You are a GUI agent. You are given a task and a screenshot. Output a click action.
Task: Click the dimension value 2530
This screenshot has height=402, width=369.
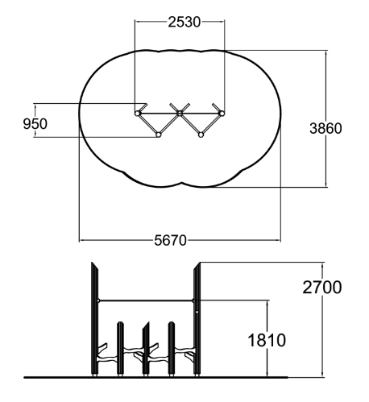pyautogui.click(x=184, y=22)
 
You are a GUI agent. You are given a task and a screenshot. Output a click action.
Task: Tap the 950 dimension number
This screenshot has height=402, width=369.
pyautogui.click(x=35, y=124)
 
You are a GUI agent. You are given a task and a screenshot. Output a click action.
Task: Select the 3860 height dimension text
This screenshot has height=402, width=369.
pyautogui.click(x=325, y=128)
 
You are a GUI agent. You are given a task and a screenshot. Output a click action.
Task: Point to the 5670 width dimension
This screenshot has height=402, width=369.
pyautogui.click(x=170, y=240)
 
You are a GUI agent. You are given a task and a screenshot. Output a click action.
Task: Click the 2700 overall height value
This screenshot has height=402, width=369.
pyautogui.click(x=322, y=288)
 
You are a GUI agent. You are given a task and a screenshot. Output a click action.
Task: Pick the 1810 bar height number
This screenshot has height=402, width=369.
pyautogui.click(x=267, y=340)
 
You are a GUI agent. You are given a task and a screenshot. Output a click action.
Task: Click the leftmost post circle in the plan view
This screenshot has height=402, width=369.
pyautogui.click(x=138, y=114)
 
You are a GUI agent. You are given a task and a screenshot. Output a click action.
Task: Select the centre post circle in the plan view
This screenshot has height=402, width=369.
pyautogui.click(x=180, y=114)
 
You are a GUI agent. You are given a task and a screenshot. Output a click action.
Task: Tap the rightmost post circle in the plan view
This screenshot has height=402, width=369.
pyautogui.click(x=222, y=114)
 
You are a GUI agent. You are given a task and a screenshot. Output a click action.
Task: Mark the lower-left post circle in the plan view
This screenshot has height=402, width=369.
pyautogui.click(x=159, y=135)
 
